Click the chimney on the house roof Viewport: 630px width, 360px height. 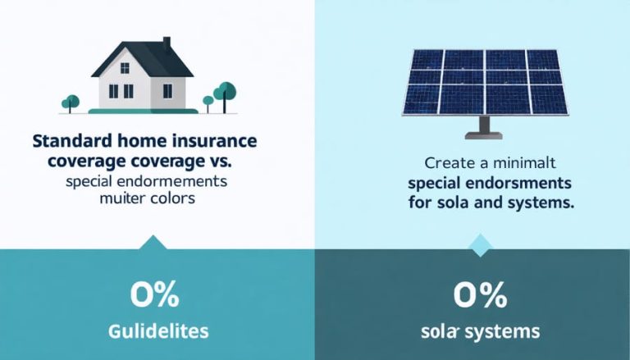click(166, 43)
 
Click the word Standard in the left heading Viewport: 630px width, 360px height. click(67, 139)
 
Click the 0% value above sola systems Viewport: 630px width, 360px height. click(476, 295)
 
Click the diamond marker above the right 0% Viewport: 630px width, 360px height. click(479, 242)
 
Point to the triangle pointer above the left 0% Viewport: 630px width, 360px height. click(153, 242)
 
